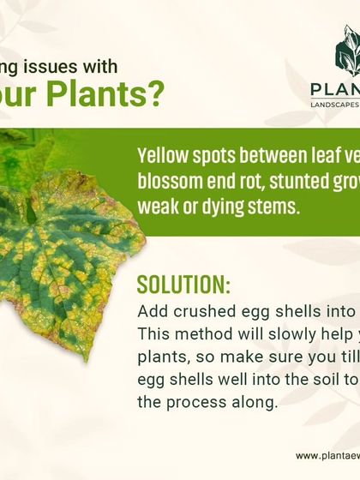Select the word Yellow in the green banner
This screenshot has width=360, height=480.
click(x=164, y=156)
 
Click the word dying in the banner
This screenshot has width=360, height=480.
click(x=218, y=207)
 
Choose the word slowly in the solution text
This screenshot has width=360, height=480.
click(x=285, y=334)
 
